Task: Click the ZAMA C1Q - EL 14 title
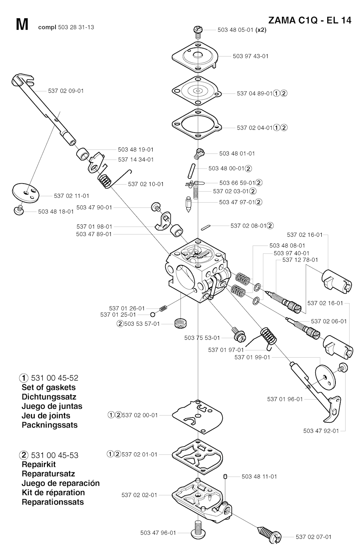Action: pyautogui.click(x=309, y=20)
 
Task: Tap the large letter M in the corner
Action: pyautogui.click(x=22, y=25)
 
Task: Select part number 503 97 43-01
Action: pyautogui.click(x=250, y=56)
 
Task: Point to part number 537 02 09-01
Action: pyautogui.click(x=66, y=91)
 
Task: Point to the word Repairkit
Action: pyautogui.click(x=39, y=464)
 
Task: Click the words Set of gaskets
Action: pyautogui.click(x=49, y=387)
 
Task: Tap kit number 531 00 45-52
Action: pyautogui.click(x=54, y=378)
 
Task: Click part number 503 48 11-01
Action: pyautogui.click(x=259, y=477)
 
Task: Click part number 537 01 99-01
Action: pyautogui.click(x=252, y=357)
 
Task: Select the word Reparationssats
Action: pyautogui.click(x=53, y=502)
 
